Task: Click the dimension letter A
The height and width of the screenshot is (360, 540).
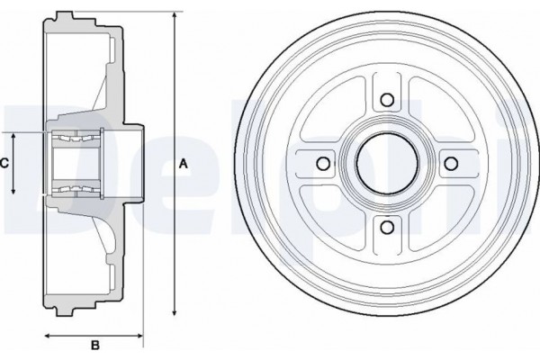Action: [183, 164]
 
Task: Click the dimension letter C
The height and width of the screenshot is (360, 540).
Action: [4, 163]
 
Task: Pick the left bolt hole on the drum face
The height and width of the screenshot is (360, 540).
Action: [322, 164]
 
